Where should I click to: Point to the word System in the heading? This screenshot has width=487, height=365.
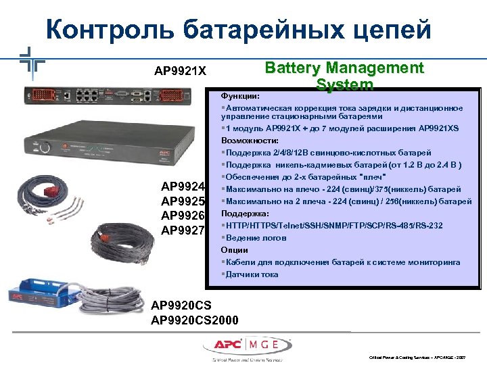[344, 84]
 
